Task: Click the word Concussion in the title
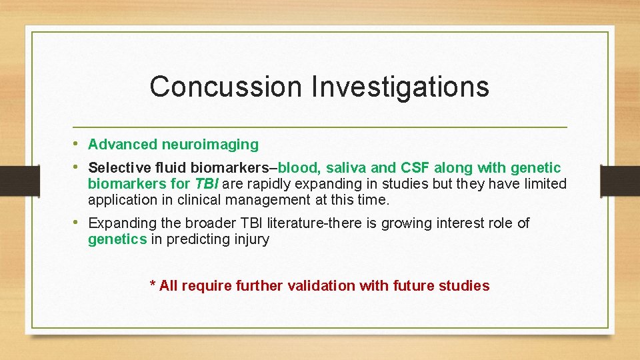(x=226, y=87)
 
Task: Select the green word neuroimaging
(x=210, y=145)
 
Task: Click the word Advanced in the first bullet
(x=123, y=144)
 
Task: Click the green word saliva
(x=346, y=167)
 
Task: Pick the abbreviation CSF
(x=415, y=167)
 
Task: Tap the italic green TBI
(x=207, y=184)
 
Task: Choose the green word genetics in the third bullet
(x=117, y=239)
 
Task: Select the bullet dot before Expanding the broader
(x=75, y=222)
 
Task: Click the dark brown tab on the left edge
(x=20, y=181)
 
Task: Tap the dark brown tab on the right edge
(x=620, y=181)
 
